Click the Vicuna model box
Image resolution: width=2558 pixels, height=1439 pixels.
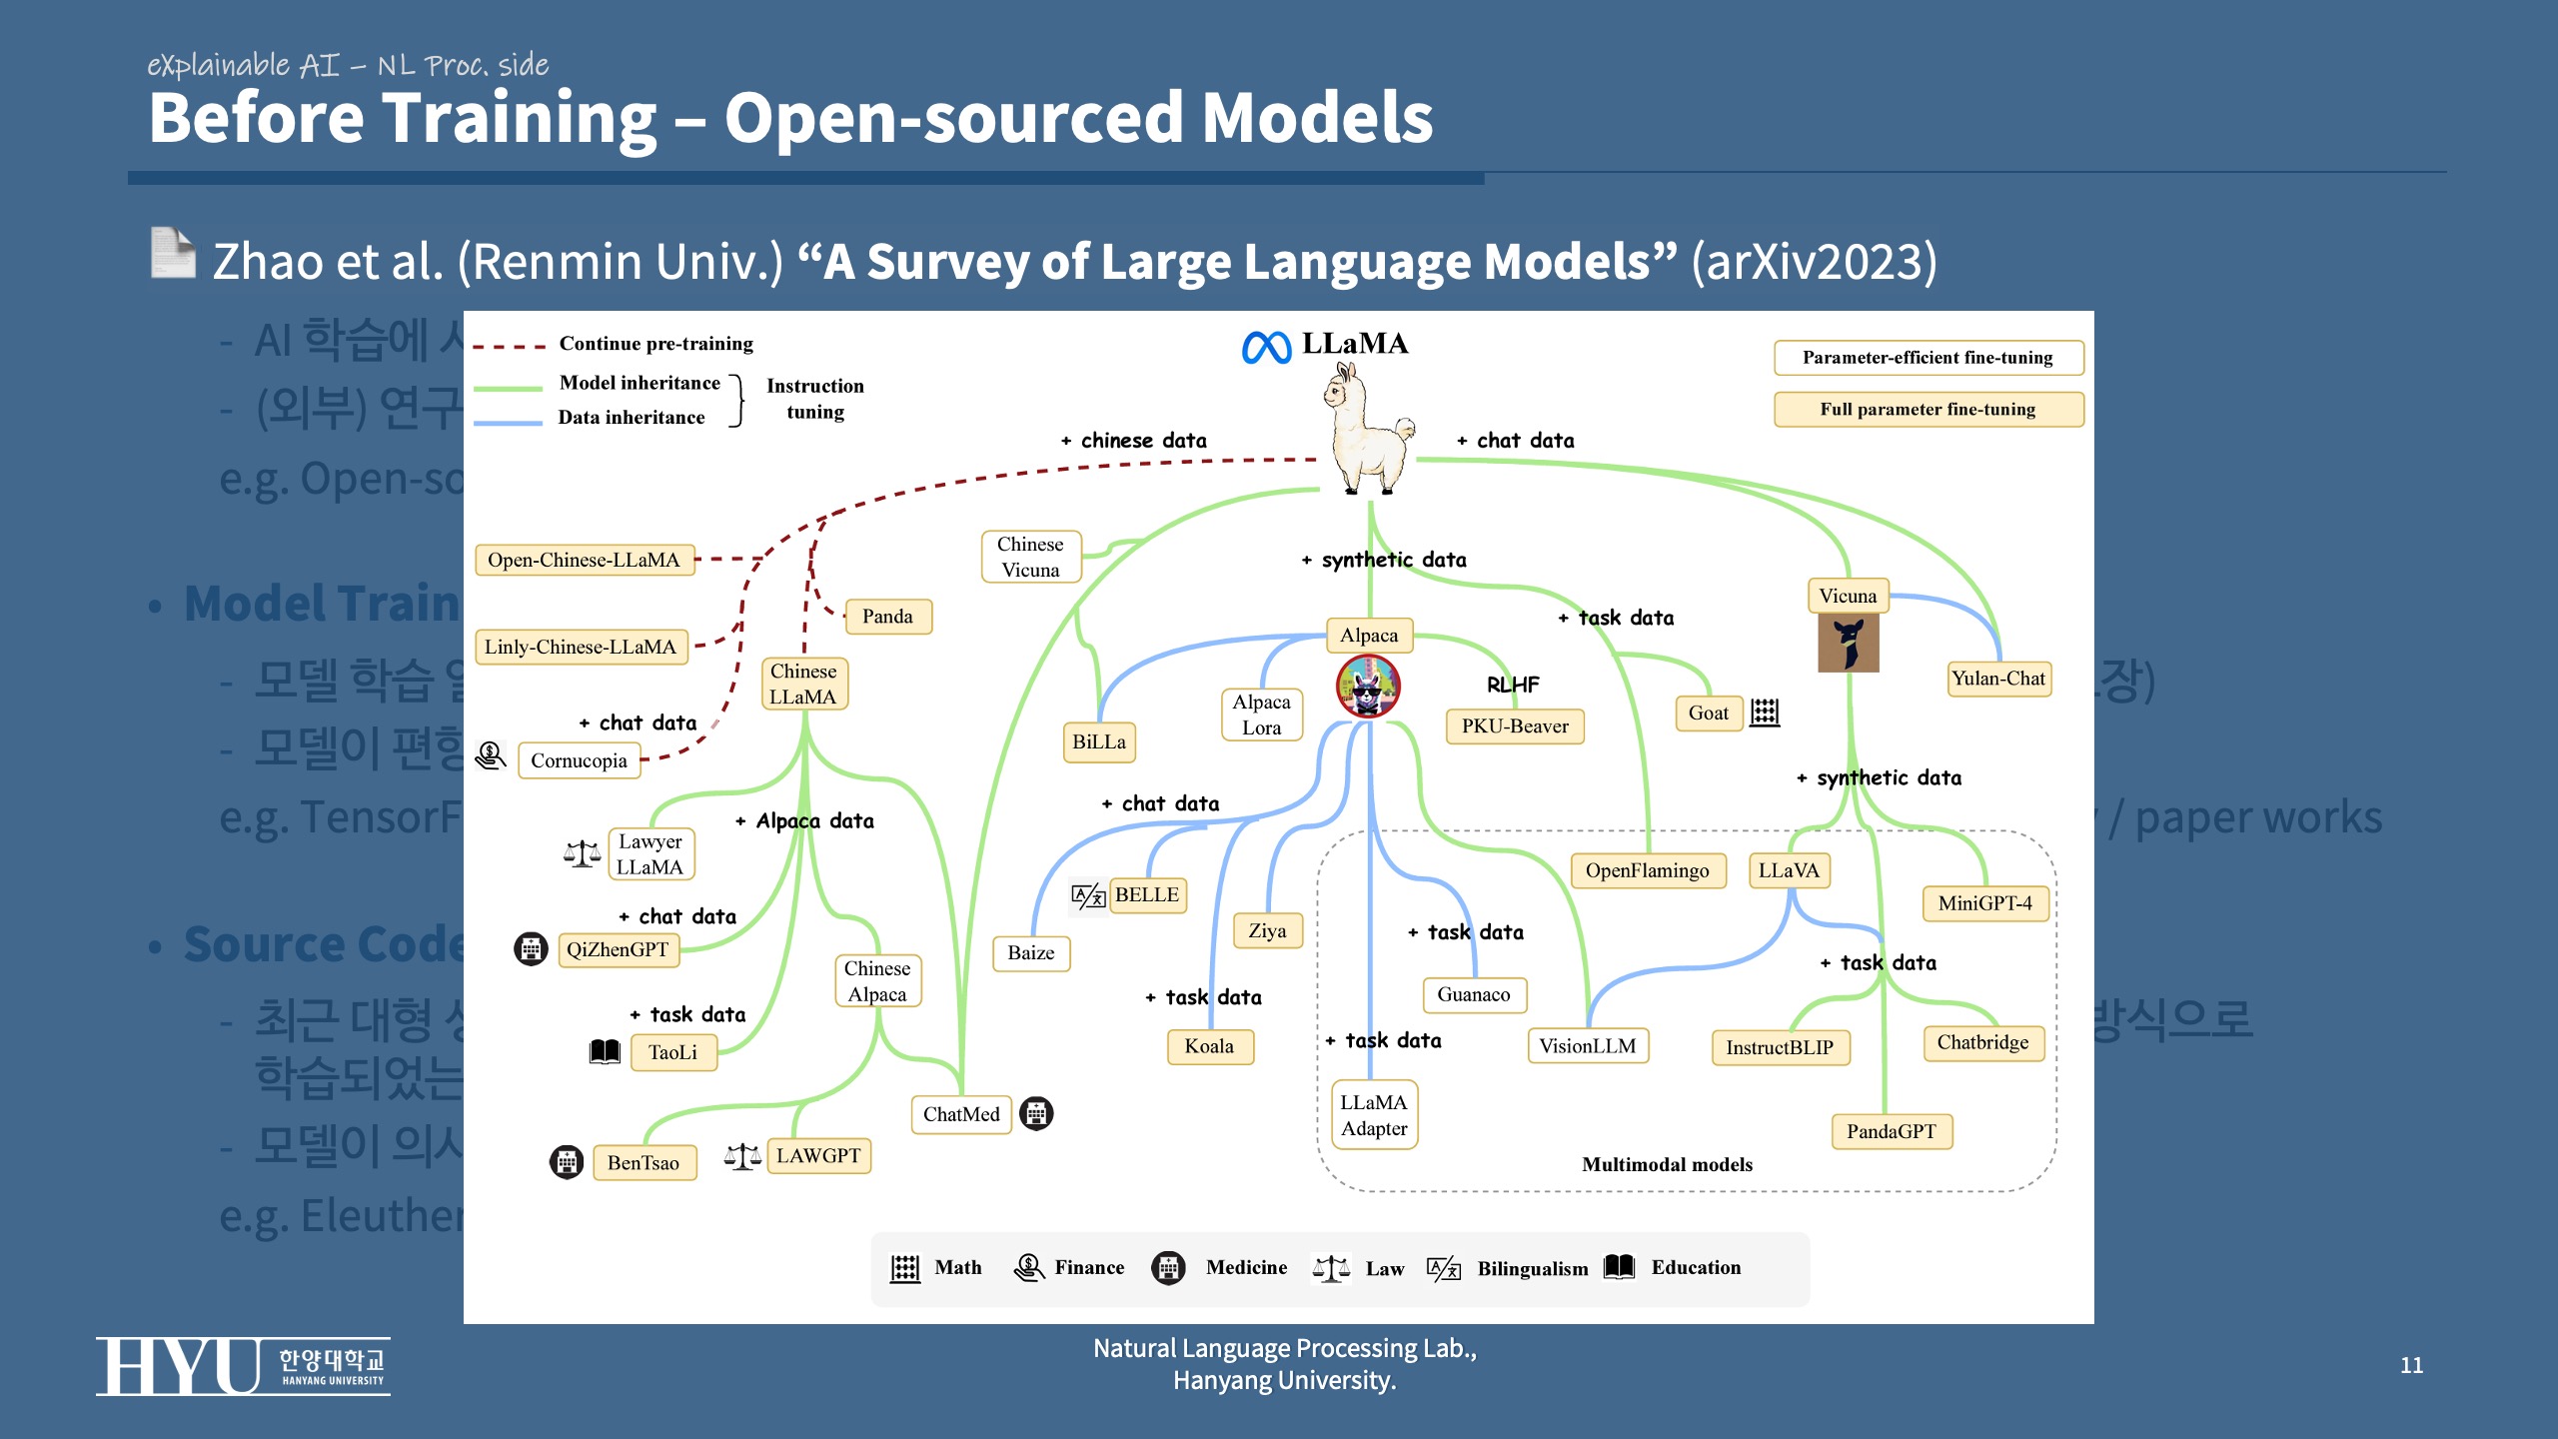[1848, 596]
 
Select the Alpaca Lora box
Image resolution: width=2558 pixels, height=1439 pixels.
[1261, 715]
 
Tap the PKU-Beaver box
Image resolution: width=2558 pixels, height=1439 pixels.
[1515, 725]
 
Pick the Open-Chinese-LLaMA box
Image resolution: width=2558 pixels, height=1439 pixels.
[584, 560]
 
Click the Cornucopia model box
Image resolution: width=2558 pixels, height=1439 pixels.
[579, 760]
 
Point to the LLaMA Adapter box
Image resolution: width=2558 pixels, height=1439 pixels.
[1374, 1115]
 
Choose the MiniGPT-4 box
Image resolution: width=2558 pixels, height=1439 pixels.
[1984, 903]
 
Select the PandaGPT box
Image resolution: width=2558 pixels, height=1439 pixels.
[1891, 1131]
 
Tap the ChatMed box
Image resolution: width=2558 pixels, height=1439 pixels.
[960, 1114]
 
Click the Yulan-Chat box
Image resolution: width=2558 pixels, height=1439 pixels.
[1997, 679]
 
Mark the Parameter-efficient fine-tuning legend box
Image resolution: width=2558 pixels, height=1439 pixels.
[1927, 358]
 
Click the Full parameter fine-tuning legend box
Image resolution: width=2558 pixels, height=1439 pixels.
[1927, 409]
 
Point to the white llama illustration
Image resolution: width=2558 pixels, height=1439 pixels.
[1366, 430]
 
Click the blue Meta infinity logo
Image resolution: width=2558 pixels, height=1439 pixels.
[1266, 348]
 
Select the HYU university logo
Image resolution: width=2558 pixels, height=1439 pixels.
[243, 1366]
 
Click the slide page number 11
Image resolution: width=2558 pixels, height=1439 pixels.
[2411, 1365]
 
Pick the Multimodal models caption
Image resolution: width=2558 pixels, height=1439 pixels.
[1667, 1164]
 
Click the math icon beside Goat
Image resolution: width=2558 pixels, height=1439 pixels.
[1765, 713]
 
